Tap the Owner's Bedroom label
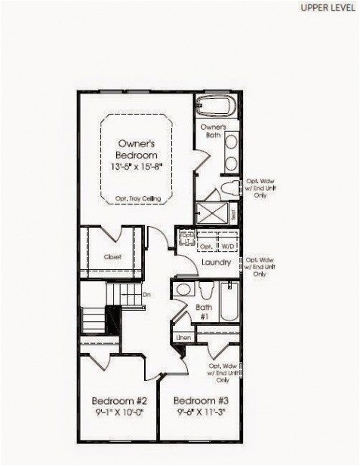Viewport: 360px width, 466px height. [137, 148]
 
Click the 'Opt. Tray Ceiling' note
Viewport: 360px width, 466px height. [137, 198]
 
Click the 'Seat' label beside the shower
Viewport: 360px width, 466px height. [234, 213]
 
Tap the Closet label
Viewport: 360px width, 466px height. [112, 257]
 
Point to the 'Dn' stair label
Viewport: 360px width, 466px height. [146, 295]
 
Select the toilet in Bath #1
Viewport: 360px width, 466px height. [205, 291]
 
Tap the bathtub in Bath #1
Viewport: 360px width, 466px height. [228, 309]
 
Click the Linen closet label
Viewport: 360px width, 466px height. [183, 338]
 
